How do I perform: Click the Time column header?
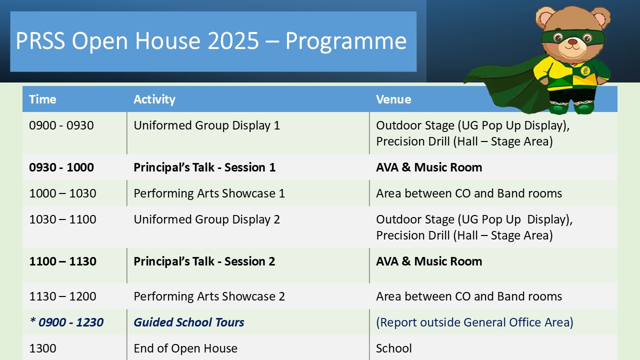click(42, 99)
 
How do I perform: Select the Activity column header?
click(154, 99)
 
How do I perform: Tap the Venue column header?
click(393, 99)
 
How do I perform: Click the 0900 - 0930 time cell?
click(61, 125)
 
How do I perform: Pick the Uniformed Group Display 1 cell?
click(206, 125)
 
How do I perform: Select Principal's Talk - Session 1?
click(204, 167)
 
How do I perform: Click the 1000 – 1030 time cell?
click(62, 193)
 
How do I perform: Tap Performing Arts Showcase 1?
click(209, 193)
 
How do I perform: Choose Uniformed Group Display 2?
click(206, 219)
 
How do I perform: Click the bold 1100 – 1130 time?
click(62, 261)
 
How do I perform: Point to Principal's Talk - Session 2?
click(204, 261)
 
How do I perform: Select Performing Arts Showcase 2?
click(209, 296)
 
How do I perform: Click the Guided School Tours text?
click(189, 322)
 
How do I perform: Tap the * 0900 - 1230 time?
click(66, 322)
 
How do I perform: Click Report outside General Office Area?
click(474, 322)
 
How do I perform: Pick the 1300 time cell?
click(42, 348)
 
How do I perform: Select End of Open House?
click(185, 349)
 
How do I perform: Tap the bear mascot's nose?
click(572, 41)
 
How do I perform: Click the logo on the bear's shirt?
click(585, 70)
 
